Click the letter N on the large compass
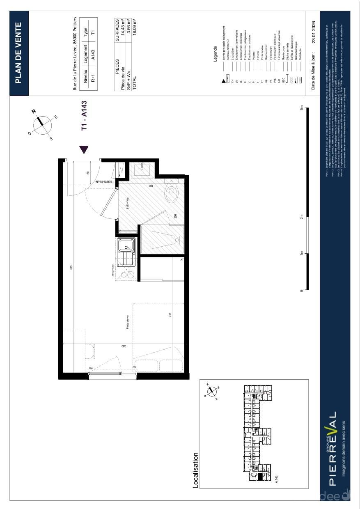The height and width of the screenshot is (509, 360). (34, 111)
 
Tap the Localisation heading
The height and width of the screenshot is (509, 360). (196, 470)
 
